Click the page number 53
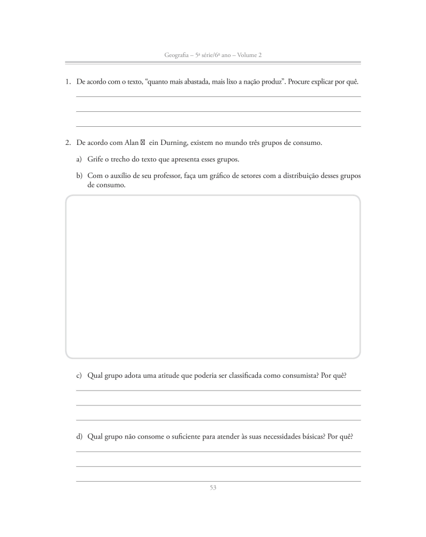[x=213, y=487]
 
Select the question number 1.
[x=68, y=82]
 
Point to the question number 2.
[x=68, y=143]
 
